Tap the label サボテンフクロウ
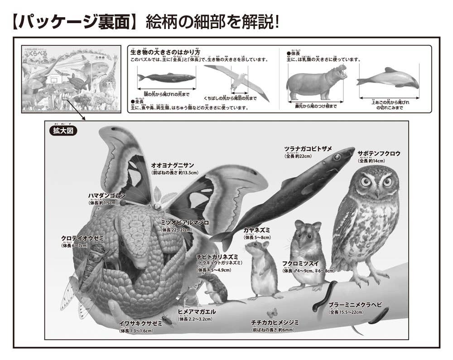(379, 154)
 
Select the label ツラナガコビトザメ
(308, 150)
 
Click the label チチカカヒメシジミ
(275, 322)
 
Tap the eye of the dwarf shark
(337, 157)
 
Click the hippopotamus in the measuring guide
(316, 82)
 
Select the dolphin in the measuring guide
(389, 78)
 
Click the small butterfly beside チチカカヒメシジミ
(272, 313)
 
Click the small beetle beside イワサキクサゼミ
(167, 321)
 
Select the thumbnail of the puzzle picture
(71, 79)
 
